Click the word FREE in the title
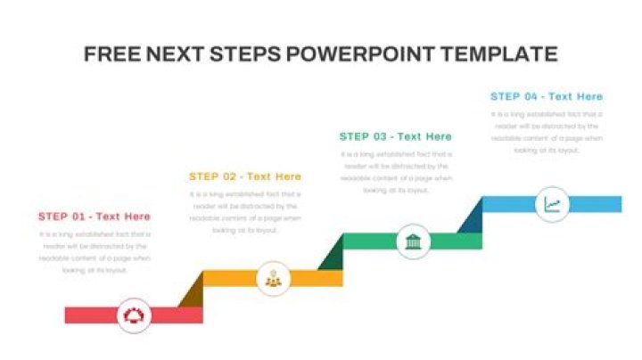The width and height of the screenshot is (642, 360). click(x=106, y=54)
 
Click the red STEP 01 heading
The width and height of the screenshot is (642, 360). click(x=95, y=217)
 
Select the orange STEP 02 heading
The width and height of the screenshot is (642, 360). click(x=245, y=176)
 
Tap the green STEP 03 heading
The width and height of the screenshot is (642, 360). click(x=396, y=136)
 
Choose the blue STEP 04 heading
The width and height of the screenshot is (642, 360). click(x=547, y=96)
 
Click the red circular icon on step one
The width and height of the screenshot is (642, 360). click(x=135, y=315)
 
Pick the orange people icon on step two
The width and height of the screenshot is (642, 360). click(x=273, y=278)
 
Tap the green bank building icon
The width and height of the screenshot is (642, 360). click(x=413, y=241)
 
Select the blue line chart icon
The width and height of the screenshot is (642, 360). click(x=552, y=204)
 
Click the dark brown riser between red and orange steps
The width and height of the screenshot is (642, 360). click(x=192, y=292)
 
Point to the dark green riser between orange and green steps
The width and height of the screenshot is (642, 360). click(x=332, y=255)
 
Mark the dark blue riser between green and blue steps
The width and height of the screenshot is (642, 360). click(x=472, y=217)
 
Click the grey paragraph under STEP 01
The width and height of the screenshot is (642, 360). click(x=95, y=251)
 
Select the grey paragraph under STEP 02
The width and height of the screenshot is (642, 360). click(x=245, y=212)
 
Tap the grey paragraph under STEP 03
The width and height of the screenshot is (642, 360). click(x=396, y=172)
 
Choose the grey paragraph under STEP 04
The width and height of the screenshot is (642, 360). click(x=547, y=132)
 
